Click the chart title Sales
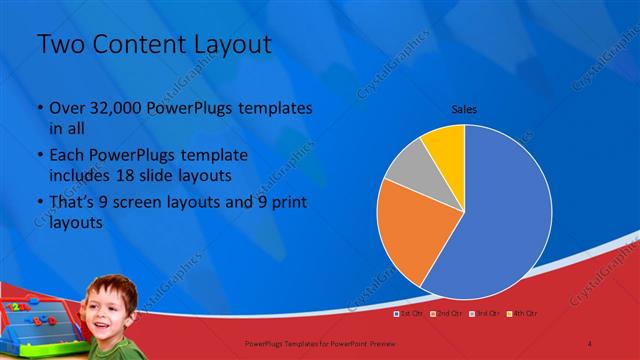(463, 108)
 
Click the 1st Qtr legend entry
(411, 314)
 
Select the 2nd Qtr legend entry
(446, 314)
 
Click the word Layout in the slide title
(224, 44)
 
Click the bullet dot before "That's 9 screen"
(39, 203)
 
